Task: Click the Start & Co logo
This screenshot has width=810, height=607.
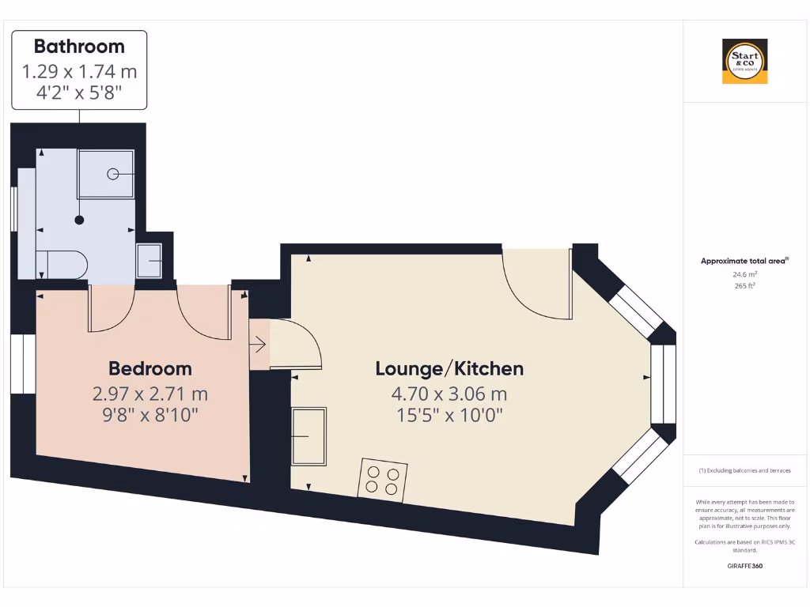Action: pyautogui.click(x=744, y=62)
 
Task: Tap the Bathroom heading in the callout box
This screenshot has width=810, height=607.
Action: pyautogui.click(x=79, y=47)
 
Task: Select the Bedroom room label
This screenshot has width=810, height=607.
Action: pyautogui.click(x=150, y=368)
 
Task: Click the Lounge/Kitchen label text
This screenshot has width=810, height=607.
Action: pyautogui.click(x=449, y=368)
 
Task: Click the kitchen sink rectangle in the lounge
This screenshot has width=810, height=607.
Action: pyautogui.click(x=308, y=436)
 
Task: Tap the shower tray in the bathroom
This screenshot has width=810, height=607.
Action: pyautogui.click(x=106, y=174)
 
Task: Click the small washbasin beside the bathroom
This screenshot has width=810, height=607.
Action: pyautogui.click(x=150, y=261)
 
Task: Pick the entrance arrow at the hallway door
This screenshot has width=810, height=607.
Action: pyautogui.click(x=259, y=345)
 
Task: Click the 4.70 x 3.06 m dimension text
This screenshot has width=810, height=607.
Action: pyautogui.click(x=449, y=394)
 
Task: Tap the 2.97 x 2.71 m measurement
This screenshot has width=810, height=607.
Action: pyautogui.click(x=150, y=394)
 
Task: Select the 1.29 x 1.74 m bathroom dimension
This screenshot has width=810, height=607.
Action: pyautogui.click(x=79, y=71)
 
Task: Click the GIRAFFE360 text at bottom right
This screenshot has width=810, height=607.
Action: pyautogui.click(x=744, y=566)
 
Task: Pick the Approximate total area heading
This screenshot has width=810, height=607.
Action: pyautogui.click(x=744, y=261)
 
